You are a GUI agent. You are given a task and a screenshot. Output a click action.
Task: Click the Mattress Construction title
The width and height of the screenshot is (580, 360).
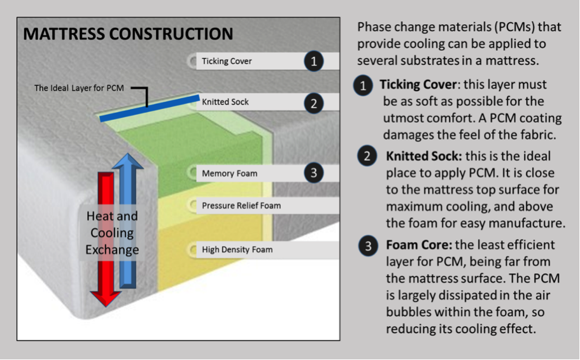pos(128,34)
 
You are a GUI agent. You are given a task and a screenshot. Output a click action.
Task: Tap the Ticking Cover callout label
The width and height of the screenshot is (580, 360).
pos(227,61)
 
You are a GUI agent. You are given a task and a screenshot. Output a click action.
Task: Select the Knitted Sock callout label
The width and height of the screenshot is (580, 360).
pos(225,102)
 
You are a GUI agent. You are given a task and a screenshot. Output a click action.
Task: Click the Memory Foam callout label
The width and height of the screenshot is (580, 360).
pos(229,173)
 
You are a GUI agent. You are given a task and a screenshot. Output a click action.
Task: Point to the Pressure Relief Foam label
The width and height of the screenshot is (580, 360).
pos(241,206)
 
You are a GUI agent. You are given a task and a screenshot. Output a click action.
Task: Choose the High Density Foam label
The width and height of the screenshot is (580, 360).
pos(237,250)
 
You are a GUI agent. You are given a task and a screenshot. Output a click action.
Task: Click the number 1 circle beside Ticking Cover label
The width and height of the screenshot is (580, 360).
pos(313,61)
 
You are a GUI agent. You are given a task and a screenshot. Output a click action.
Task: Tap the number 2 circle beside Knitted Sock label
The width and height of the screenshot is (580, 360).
pos(313,103)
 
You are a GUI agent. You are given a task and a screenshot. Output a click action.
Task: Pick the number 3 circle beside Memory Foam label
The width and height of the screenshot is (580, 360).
pos(313,173)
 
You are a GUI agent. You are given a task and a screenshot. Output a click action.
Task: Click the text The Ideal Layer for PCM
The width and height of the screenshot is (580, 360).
pos(79,88)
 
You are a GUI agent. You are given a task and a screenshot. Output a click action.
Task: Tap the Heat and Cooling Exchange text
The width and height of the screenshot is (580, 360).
pos(112,233)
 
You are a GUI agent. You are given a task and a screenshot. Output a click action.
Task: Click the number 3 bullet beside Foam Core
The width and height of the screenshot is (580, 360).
pos(368,247)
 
